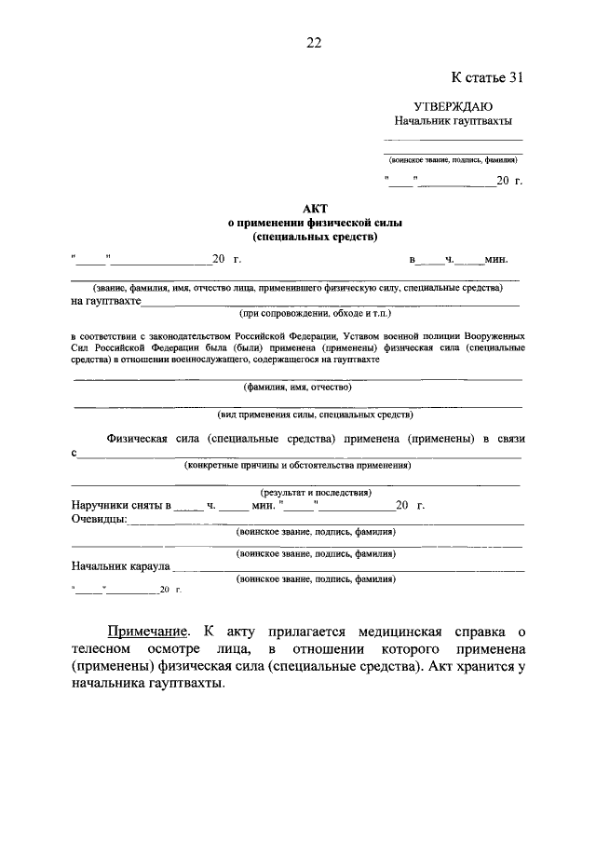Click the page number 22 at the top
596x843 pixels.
314,41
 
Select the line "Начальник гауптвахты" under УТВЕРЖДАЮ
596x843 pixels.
453,121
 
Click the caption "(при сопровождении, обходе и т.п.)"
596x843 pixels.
302,313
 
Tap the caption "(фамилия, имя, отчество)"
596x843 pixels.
297,387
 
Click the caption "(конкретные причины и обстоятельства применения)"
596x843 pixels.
297,465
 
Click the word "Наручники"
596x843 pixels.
101,505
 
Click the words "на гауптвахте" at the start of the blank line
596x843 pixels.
105,301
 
